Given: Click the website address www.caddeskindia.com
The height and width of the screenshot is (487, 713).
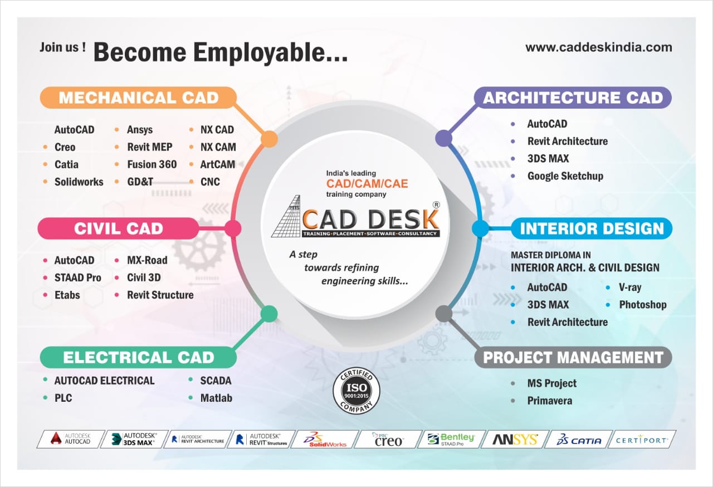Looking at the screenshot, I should point(598,47).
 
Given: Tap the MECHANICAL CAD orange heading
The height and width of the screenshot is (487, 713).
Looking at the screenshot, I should point(139,98).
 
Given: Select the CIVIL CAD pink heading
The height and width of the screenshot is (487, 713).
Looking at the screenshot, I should point(118,228).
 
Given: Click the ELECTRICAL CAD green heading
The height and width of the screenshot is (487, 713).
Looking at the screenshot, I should point(138,357).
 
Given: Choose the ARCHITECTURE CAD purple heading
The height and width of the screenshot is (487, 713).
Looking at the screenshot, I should point(573,98).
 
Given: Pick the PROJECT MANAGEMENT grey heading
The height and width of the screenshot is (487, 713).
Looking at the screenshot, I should point(573,357).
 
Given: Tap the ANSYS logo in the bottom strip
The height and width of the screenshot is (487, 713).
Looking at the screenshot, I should point(515,440).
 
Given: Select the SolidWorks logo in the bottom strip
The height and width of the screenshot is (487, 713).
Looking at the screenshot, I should point(324,440).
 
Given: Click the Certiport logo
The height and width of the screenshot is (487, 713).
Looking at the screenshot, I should point(642,440).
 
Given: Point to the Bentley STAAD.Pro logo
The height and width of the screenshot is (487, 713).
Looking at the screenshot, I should point(451,440).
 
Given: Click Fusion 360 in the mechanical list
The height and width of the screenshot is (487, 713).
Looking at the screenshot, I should point(152,164).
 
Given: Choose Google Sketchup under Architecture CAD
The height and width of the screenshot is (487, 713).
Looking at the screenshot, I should point(565,176).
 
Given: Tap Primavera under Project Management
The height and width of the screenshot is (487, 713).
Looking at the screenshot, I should point(549,401).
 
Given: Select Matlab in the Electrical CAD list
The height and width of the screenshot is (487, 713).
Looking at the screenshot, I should point(216,398).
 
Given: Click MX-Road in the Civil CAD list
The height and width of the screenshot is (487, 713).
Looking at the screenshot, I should point(147,260).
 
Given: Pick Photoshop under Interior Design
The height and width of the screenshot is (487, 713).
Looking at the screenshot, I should point(642,305).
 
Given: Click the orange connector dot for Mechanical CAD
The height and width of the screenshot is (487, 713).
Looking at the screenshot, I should point(269,139).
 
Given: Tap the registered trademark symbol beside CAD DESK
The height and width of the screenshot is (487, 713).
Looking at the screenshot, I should point(436,205).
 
